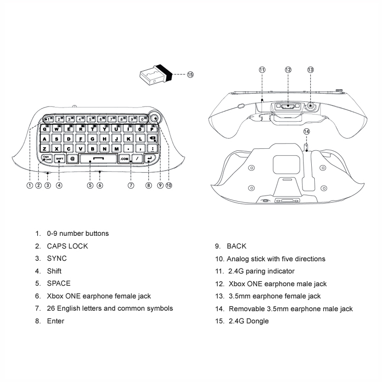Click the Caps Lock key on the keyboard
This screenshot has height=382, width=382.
click(47, 158)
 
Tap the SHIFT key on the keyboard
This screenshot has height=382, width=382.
click(60, 158)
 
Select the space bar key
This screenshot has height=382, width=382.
click(98, 158)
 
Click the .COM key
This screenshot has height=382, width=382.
click(124, 159)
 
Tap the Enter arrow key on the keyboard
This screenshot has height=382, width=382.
click(150, 158)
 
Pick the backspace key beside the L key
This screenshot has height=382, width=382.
click(152, 139)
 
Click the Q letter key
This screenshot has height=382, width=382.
click(45, 129)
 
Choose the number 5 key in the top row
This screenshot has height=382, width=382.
click(90, 119)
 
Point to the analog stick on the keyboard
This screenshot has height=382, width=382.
click(155, 118)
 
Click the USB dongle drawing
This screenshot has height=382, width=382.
click(156, 75)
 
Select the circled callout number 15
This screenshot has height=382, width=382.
click(190, 74)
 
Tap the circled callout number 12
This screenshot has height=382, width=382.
click(288, 70)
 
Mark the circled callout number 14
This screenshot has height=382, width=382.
click(307, 131)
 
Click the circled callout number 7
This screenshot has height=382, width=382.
click(131, 185)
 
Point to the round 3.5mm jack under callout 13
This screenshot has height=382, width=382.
click(310, 106)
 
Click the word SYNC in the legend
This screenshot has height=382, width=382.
click(57, 258)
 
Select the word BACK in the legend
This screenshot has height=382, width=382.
click(236, 246)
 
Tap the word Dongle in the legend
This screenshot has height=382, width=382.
click(258, 321)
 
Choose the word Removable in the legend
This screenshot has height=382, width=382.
click(247, 309)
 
